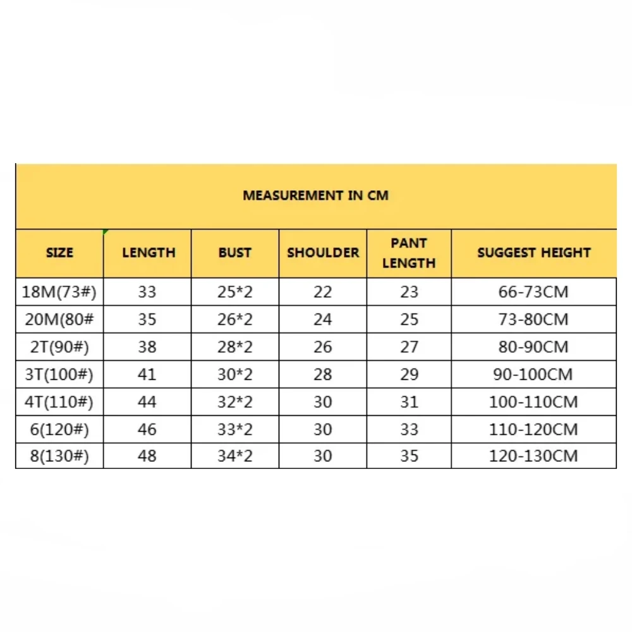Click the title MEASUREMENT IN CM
(315, 195)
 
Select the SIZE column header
(59, 253)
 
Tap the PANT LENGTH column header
(409, 253)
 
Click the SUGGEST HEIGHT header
(533, 253)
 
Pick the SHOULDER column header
(322, 253)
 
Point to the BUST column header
(234, 253)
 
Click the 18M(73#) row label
(59, 292)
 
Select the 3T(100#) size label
(59, 374)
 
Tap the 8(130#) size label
(59, 456)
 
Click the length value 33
(147, 292)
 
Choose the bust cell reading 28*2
(234, 347)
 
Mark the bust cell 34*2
(234, 456)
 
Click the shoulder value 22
(322, 292)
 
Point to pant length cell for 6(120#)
(409, 429)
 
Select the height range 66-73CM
(533, 292)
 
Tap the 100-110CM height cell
(533, 402)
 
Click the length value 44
(147, 402)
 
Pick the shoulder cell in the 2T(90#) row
(322, 347)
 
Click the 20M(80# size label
(59, 320)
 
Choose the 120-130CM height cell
(533, 456)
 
